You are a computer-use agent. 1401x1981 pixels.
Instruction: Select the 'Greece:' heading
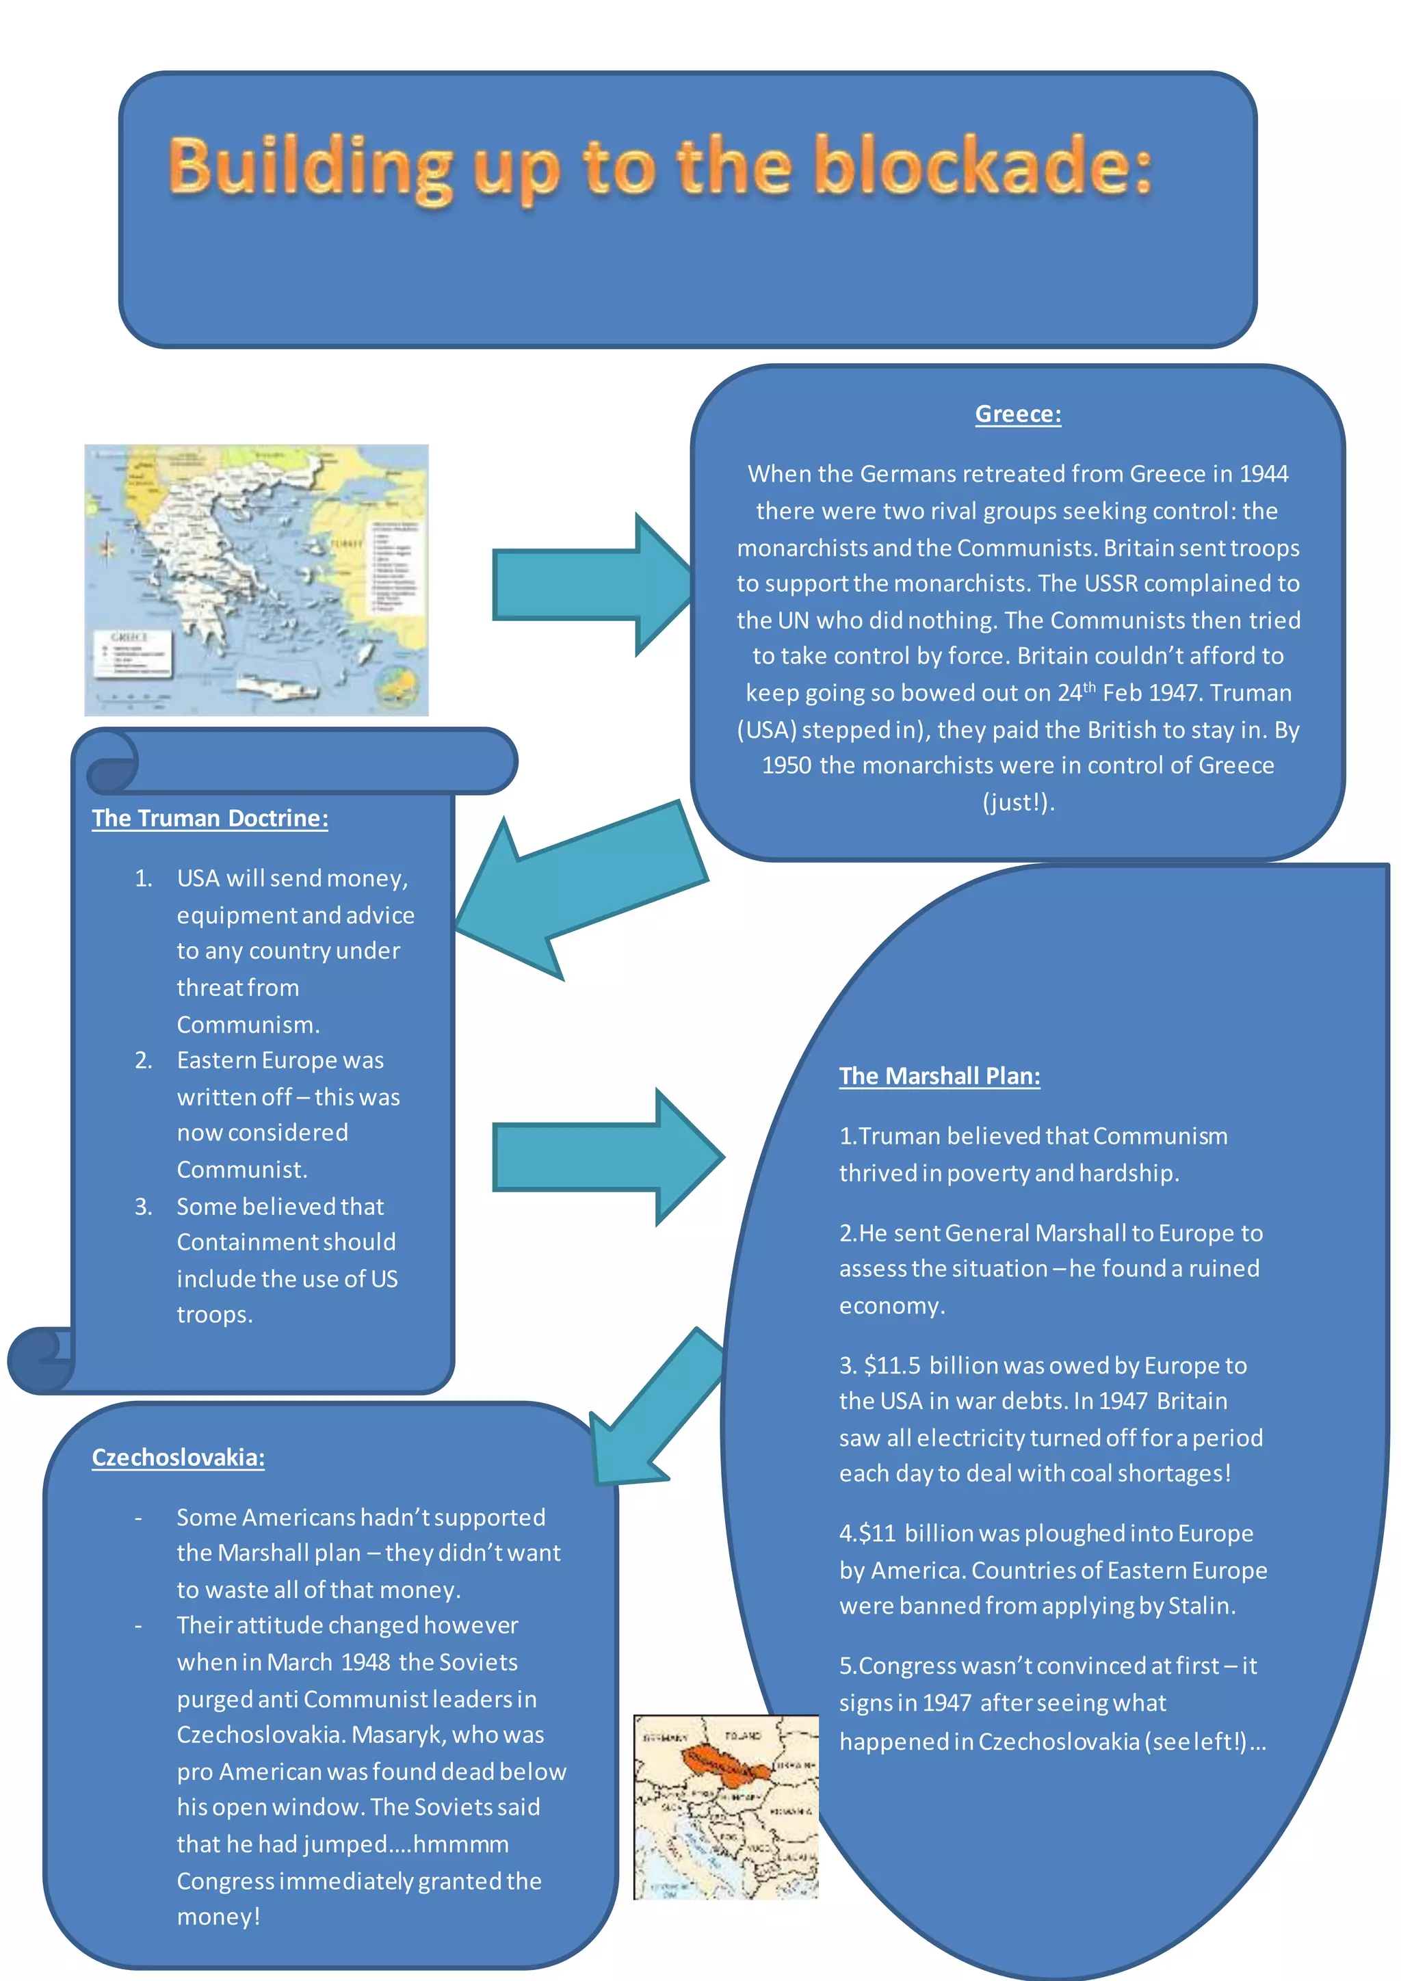tap(1018, 414)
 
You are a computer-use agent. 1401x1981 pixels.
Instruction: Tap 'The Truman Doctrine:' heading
tap(209, 818)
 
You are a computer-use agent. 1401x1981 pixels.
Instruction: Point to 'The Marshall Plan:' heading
tap(939, 1076)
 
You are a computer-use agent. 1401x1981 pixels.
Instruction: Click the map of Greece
tap(257, 580)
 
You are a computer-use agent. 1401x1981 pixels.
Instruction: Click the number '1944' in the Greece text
tap(1263, 473)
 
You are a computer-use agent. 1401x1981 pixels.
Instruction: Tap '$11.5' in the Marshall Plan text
tap(892, 1366)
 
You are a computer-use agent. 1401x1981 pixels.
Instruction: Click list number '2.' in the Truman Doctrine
tap(143, 1060)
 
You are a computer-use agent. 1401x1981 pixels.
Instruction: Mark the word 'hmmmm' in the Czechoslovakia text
tap(462, 1844)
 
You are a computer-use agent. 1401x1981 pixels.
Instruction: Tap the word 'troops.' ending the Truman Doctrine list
tap(215, 1315)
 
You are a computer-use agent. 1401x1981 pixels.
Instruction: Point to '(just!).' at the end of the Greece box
tap(1018, 802)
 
